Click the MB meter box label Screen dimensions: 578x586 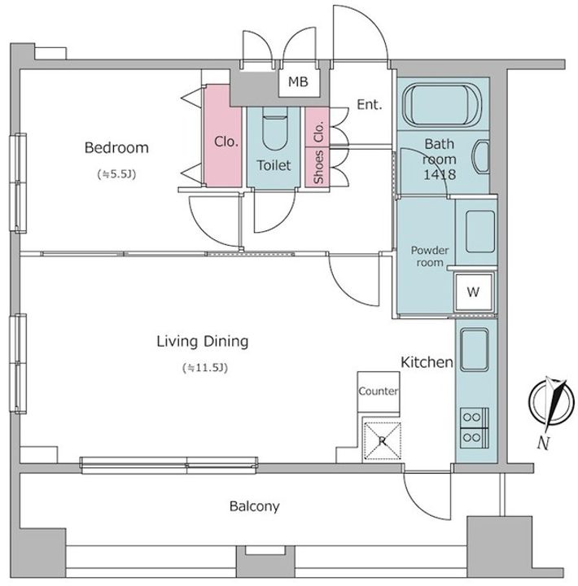click(x=298, y=82)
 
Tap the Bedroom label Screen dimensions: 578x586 click(x=116, y=147)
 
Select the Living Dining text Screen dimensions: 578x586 click(x=202, y=342)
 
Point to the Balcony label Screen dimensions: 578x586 click(x=254, y=506)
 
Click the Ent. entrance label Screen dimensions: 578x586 click(x=370, y=105)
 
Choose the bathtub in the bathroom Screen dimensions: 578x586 click(x=443, y=104)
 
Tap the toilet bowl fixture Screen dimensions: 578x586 click(x=274, y=129)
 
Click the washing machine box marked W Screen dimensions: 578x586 click(x=473, y=292)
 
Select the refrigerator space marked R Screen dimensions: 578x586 click(x=382, y=441)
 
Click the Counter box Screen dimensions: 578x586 click(x=378, y=391)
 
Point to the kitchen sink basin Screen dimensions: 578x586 click(x=475, y=350)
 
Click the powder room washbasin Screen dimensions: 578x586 click(x=480, y=232)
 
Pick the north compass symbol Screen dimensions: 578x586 click(x=551, y=403)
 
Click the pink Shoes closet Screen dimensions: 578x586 click(x=317, y=167)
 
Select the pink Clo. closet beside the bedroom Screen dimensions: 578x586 click(x=223, y=136)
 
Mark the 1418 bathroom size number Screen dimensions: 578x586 click(x=440, y=174)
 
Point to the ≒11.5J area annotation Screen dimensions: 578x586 click(x=205, y=368)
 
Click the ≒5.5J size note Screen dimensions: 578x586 click(x=116, y=174)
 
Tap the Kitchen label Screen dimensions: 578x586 click(x=427, y=362)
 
